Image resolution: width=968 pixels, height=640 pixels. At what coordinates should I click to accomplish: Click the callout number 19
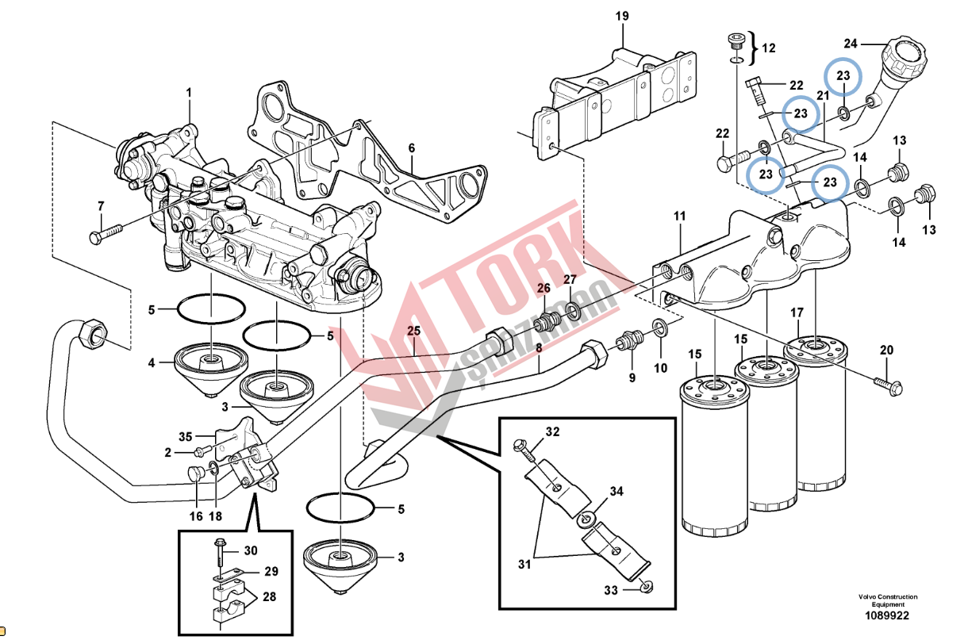tap(622, 15)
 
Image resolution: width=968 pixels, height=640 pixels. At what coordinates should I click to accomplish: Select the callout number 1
tap(190, 94)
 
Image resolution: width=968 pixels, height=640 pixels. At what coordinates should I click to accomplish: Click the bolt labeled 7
tap(106, 233)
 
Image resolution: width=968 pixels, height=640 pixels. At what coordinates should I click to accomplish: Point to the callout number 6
tap(412, 148)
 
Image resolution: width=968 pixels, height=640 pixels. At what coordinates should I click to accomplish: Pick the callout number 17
tap(796, 313)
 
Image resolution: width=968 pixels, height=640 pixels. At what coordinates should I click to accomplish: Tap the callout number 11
tap(679, 216)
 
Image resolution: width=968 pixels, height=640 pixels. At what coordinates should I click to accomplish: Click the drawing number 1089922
tap(887, 615)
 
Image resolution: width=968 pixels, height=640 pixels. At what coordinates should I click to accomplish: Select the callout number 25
tap(414, 330)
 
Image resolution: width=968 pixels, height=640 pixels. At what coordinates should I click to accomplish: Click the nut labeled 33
tap(643, 587)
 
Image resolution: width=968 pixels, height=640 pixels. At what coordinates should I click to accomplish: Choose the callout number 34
tap(617, 492)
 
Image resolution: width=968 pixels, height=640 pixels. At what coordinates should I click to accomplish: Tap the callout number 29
tap(271, 571)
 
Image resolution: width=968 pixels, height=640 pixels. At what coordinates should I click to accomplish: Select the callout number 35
tap(185, 436)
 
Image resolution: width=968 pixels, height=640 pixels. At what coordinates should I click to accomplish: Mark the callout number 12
tap(768, 48)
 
